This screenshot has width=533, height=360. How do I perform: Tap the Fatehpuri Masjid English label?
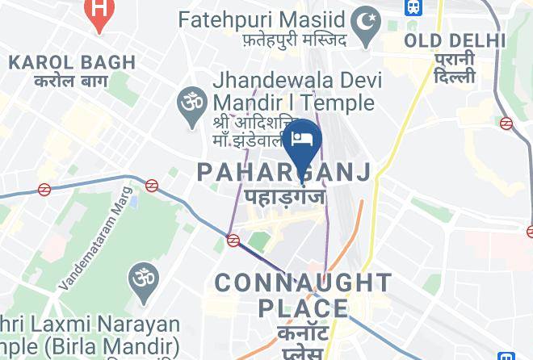262,18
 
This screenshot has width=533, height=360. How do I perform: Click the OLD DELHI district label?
455,40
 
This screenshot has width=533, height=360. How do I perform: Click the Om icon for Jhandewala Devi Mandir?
191,103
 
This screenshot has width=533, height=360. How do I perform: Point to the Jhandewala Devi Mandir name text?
293,92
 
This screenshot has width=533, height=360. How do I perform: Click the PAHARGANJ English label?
284,171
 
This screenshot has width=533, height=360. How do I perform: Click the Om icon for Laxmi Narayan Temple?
142,279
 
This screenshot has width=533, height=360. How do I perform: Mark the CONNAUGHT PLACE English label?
303,295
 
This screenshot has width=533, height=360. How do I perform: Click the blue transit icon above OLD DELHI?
413,7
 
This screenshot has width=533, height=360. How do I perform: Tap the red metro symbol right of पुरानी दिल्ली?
506,123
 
